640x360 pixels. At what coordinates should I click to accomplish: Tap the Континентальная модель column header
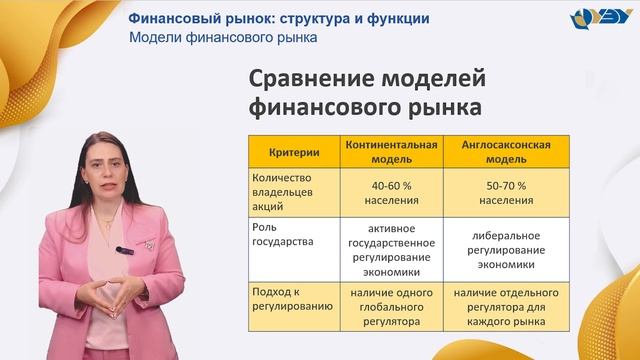click(x=391, y=152)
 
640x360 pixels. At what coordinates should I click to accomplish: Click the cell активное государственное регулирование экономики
click(x=391, y=249)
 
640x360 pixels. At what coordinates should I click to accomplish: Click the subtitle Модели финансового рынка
click(x=223, y=38)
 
